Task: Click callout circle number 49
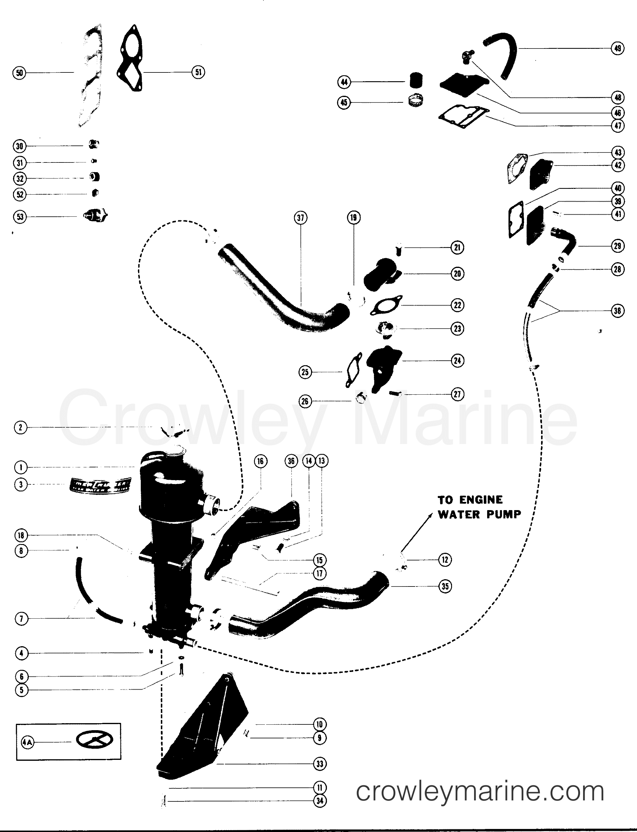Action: click(x=618, y=48)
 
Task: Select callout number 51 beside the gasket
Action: click(x=198, y=72)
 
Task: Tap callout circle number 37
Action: click(x=301, y=218)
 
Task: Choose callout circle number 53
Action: click(x=20, y=217)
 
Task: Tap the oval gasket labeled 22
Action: click(x=386, y=305)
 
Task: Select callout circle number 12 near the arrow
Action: click(x=445, y=560)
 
